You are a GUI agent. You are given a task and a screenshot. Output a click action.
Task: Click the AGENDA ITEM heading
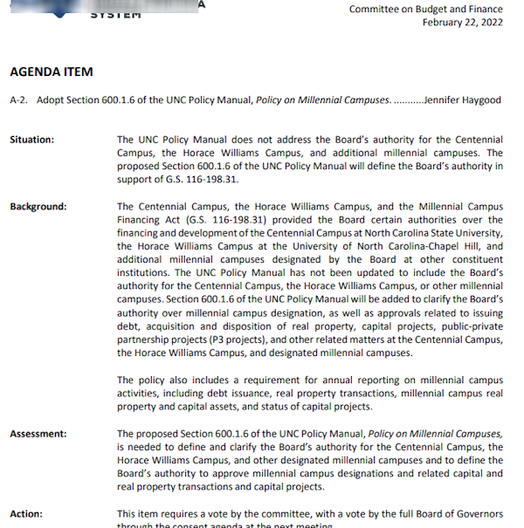(52, 72)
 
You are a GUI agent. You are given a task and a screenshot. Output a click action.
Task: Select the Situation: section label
(31, 140)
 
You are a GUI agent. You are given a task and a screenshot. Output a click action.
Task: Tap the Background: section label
(38, 207)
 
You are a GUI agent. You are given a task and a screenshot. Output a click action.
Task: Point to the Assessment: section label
(38, 434)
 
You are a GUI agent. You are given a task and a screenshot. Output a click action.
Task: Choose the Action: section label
(26, 514)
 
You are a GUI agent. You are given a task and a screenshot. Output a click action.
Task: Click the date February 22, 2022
(463, 22)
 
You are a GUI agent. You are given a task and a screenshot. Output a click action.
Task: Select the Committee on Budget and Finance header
(426, 9)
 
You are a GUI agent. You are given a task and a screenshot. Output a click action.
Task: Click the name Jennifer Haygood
(462, 99)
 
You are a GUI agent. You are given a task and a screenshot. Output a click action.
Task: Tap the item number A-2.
(18, 99)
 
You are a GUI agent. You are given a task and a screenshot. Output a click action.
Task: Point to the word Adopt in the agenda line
(49, 99)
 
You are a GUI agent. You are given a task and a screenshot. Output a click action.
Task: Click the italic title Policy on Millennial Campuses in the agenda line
(323, 99)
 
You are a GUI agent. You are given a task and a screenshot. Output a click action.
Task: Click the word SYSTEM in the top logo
(115, 13)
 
